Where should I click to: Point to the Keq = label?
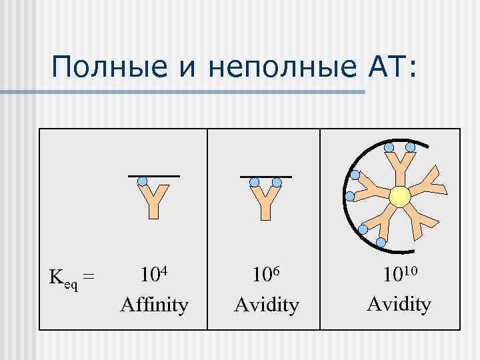click(72, 275)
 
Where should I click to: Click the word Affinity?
click(154, 305)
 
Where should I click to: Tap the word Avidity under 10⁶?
click(267, 305)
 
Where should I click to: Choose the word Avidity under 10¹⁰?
click(399, 304)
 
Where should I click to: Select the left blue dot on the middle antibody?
click(255, 181)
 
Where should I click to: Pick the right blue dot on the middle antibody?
click(277, 181)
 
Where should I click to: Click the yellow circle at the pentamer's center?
click(399, 197)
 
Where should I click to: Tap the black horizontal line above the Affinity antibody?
click(154, 175)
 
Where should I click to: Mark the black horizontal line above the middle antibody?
click(266, 176)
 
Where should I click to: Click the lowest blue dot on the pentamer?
click(381, 241)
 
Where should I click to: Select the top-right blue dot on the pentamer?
click(411, 147)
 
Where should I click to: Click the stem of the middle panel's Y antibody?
click(266, 210)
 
